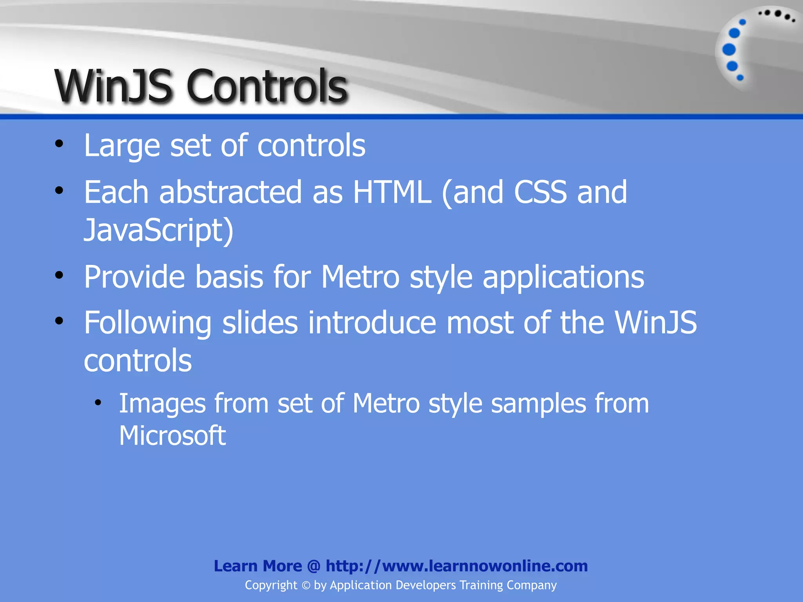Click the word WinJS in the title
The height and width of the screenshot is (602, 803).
(114, 86)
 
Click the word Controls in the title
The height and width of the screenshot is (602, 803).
(267, 86)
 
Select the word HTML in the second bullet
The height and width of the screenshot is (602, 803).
(392, 192)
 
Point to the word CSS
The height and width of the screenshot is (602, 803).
(540, 192)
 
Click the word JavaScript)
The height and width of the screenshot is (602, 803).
(159, 230)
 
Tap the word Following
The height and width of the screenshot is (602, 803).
(147, 323)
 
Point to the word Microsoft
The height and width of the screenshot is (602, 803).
(173, 436)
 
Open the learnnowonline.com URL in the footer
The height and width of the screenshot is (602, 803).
(457, 566)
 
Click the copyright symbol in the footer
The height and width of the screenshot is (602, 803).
(306, 586)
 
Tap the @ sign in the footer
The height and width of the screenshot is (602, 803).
(314, 566)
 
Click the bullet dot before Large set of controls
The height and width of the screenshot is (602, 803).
(59, 144)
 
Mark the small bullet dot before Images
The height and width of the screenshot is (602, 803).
(98, 403)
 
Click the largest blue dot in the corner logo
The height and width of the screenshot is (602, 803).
(729, 50)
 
